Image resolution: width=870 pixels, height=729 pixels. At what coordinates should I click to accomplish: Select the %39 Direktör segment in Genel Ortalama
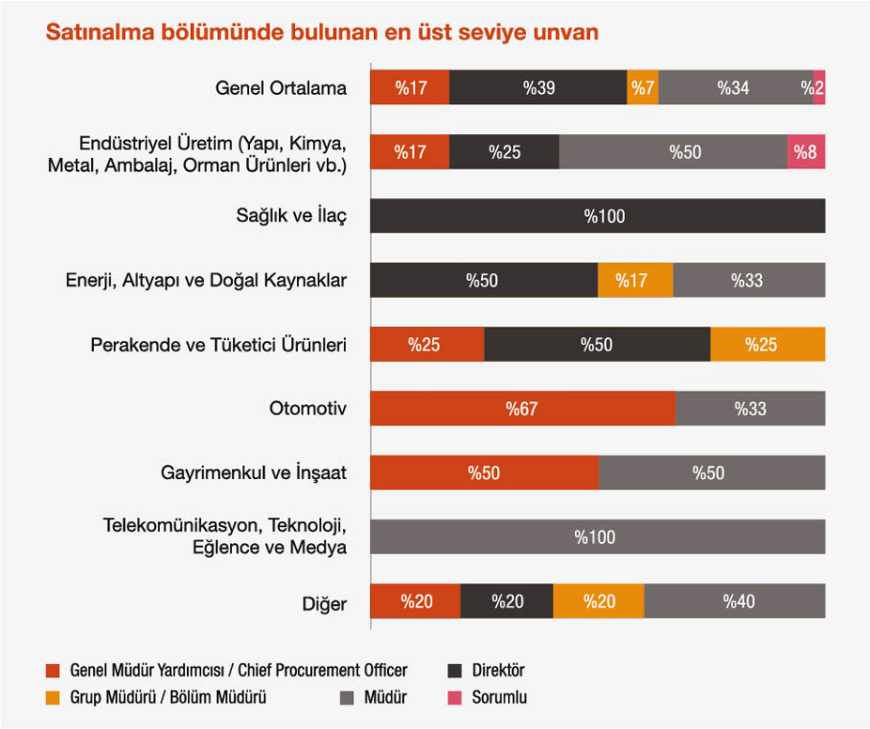538,88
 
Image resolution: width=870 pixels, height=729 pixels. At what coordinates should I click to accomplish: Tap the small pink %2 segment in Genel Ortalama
819,88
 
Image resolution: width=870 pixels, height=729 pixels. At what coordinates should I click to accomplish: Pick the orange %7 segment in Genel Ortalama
643,88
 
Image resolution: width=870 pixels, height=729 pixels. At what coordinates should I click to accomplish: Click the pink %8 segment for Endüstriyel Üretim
806,152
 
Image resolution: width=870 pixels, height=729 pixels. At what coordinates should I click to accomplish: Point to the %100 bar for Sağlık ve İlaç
598,217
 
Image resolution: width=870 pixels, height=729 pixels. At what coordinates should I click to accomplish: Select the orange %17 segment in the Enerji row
636,281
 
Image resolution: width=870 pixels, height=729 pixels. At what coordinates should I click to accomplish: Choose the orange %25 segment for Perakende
768,345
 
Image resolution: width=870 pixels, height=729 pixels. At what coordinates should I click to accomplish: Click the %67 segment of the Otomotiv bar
522,409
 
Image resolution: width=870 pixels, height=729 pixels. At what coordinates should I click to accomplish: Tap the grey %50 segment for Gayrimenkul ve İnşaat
711,473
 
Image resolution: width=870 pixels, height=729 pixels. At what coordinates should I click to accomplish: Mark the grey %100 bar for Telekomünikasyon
598,537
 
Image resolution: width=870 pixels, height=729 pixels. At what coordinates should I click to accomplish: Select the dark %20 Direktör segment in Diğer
507,601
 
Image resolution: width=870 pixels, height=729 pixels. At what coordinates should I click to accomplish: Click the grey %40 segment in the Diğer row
735,601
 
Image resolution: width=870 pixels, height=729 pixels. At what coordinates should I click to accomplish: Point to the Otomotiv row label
308,410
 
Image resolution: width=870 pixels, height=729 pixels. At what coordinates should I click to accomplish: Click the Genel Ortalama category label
281,89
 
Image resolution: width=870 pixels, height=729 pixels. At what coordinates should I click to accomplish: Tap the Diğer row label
325,603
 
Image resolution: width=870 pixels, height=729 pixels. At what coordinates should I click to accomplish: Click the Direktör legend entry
486,671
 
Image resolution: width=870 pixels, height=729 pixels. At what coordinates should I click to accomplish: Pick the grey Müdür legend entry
372,698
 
